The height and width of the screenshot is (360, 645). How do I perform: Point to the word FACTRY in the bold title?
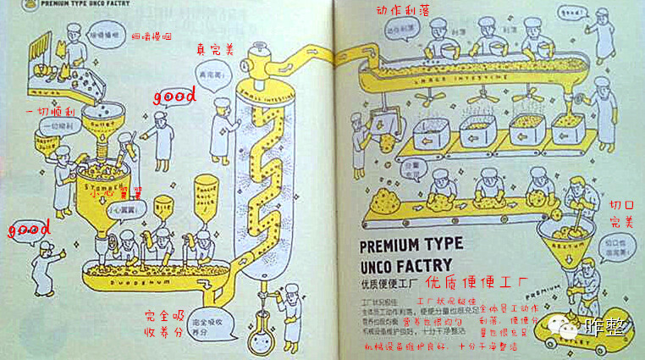click(426, 264)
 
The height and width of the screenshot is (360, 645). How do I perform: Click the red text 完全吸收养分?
click(164, 324)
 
